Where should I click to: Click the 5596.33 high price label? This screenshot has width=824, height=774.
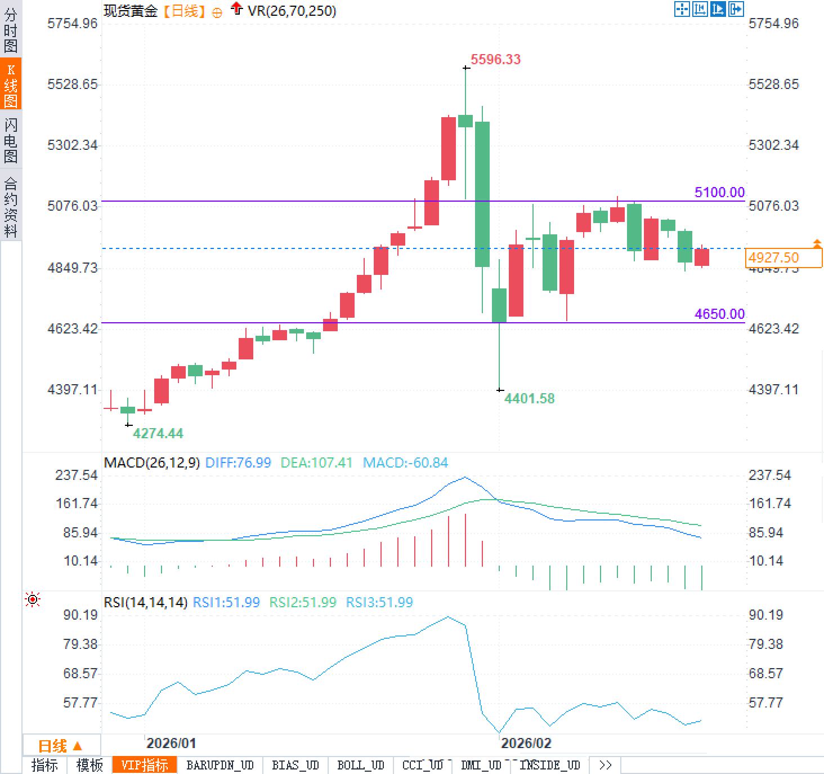495,59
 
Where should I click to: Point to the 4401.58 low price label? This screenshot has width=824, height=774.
529,399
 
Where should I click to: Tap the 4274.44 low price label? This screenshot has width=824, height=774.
158,433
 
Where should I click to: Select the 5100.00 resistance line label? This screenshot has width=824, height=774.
719,192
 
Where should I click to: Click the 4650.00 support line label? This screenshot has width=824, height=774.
719,314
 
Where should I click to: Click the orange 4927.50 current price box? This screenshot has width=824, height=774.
774,257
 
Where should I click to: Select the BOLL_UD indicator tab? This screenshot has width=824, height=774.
360,765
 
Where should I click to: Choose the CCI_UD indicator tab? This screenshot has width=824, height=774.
423,765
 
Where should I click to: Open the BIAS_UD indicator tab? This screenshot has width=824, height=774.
295,765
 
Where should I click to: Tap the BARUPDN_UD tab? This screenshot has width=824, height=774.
220,765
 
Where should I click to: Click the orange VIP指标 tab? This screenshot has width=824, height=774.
145,765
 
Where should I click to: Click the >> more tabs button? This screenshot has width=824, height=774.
605,765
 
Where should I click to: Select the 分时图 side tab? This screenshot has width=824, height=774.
11,30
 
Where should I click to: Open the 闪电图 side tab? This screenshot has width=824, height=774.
11,140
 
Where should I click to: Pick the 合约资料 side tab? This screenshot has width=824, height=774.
11,207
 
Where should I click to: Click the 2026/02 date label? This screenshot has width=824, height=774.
526,743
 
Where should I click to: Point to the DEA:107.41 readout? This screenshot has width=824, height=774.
316,463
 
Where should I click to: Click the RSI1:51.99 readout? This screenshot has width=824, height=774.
226,602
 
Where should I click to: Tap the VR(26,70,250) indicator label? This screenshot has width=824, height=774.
292,11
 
